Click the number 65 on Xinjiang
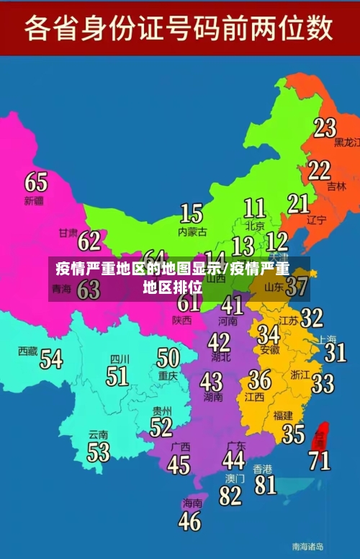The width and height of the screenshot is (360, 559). (x=36, y=181)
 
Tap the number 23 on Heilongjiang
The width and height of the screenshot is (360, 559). (x=325, y=128)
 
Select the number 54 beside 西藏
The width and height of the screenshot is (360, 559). (x=51, y=358)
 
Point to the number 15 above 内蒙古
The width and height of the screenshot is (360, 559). (x=191, y=213)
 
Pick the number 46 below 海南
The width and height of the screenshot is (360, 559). (x=190, y=521)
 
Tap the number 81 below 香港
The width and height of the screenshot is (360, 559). (x=265, y=484)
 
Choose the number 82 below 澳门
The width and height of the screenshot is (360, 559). (x=230, y=496)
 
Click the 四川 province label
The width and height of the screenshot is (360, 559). (x=120, y=359)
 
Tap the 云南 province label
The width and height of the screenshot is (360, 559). (x=99, y=435)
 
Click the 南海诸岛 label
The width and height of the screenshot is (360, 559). (x=307, y=546)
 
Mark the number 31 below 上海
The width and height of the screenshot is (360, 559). (x=335, y=352)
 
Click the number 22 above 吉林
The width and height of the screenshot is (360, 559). (x=319, y=170)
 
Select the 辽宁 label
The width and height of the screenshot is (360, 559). (x=317, y=220)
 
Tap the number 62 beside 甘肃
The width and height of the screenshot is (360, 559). (x=89, y=240)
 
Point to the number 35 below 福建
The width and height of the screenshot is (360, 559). (x=293, y=434)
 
